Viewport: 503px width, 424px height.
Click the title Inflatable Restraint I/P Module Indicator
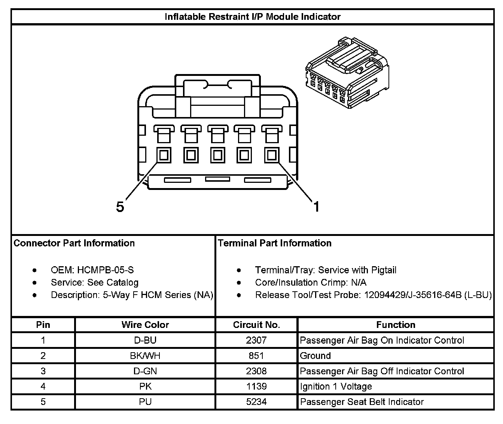pyautogui.click(x=253, y=17)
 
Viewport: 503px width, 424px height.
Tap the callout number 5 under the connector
pyautogui.click(x=120, y=206)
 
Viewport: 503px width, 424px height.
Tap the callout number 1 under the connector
pyautogui.click(x=316, y=206)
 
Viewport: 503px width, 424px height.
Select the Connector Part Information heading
pyautogui.click(x=74, y=243)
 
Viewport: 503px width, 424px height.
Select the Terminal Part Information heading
pyautogui.click(x=275, y=243)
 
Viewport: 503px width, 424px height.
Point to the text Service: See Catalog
pyautogui.click(x=95, y=282)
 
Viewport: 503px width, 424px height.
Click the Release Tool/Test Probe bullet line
pyautogui.click(x=373, y=295)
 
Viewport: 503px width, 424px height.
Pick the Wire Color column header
pyautogui.click(x=145, y=325)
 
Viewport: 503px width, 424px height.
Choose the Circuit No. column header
pyautogui.click(x=256, y=325)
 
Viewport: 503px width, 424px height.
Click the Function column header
pyautogui.click(x=396, y=325)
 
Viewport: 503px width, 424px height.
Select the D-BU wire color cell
pyautogui.click(x=145, y=340)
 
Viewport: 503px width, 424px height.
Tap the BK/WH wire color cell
pyautogui.click(x=145, y=356)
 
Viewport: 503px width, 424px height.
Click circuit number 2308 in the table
pyautogui.click(x=256, y=371)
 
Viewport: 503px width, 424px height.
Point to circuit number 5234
pyautogui.click(x=256, y=402)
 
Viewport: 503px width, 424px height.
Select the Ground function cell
pyautogui.click(x=315, y=356)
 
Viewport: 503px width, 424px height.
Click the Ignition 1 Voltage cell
pyautogui.click(x=336, y=386)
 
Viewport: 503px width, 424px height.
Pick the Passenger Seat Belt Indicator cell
pyautogui.click(x=362, y=402)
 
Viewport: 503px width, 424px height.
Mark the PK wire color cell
pyautogui.click(x=145, y=386)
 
